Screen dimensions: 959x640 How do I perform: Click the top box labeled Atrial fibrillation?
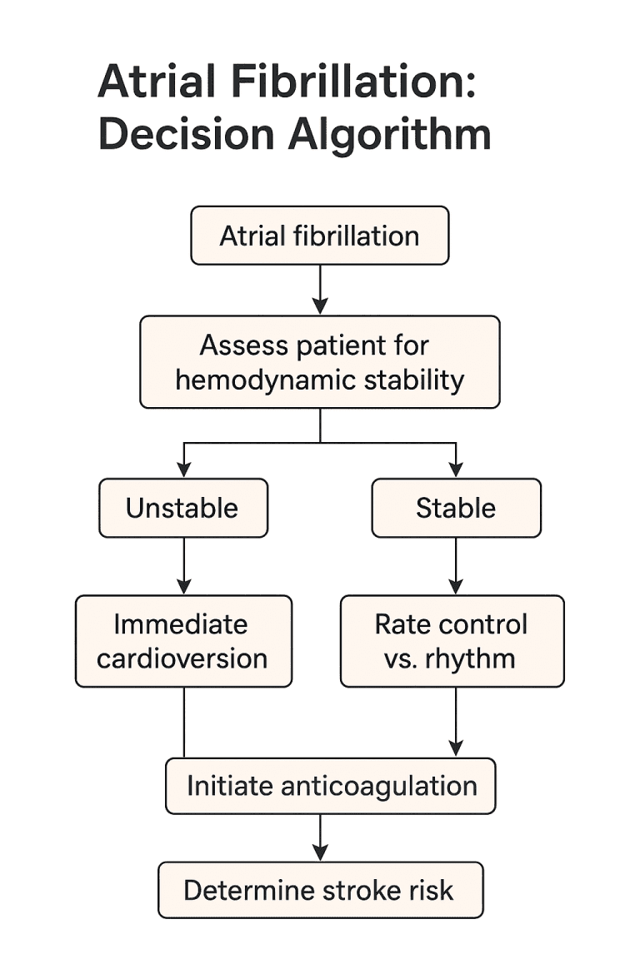point(319,236)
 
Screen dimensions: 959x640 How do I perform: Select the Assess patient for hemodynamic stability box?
point(319,362)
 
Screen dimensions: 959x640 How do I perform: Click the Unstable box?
point(183,508)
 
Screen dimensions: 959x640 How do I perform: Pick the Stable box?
point(456,508)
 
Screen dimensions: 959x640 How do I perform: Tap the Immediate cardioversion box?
point(183,641)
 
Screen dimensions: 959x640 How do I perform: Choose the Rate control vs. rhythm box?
point(452,641)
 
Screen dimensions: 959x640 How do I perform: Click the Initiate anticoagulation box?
point(331,786)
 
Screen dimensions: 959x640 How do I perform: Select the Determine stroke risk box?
point(320,890)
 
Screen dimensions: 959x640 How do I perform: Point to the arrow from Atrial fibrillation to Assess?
point(320,290)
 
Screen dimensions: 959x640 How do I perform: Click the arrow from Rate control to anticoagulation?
point(456,721)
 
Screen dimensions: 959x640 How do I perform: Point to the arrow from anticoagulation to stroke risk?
point(320,837)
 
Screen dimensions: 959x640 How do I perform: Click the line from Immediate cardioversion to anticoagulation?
point(184,722)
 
